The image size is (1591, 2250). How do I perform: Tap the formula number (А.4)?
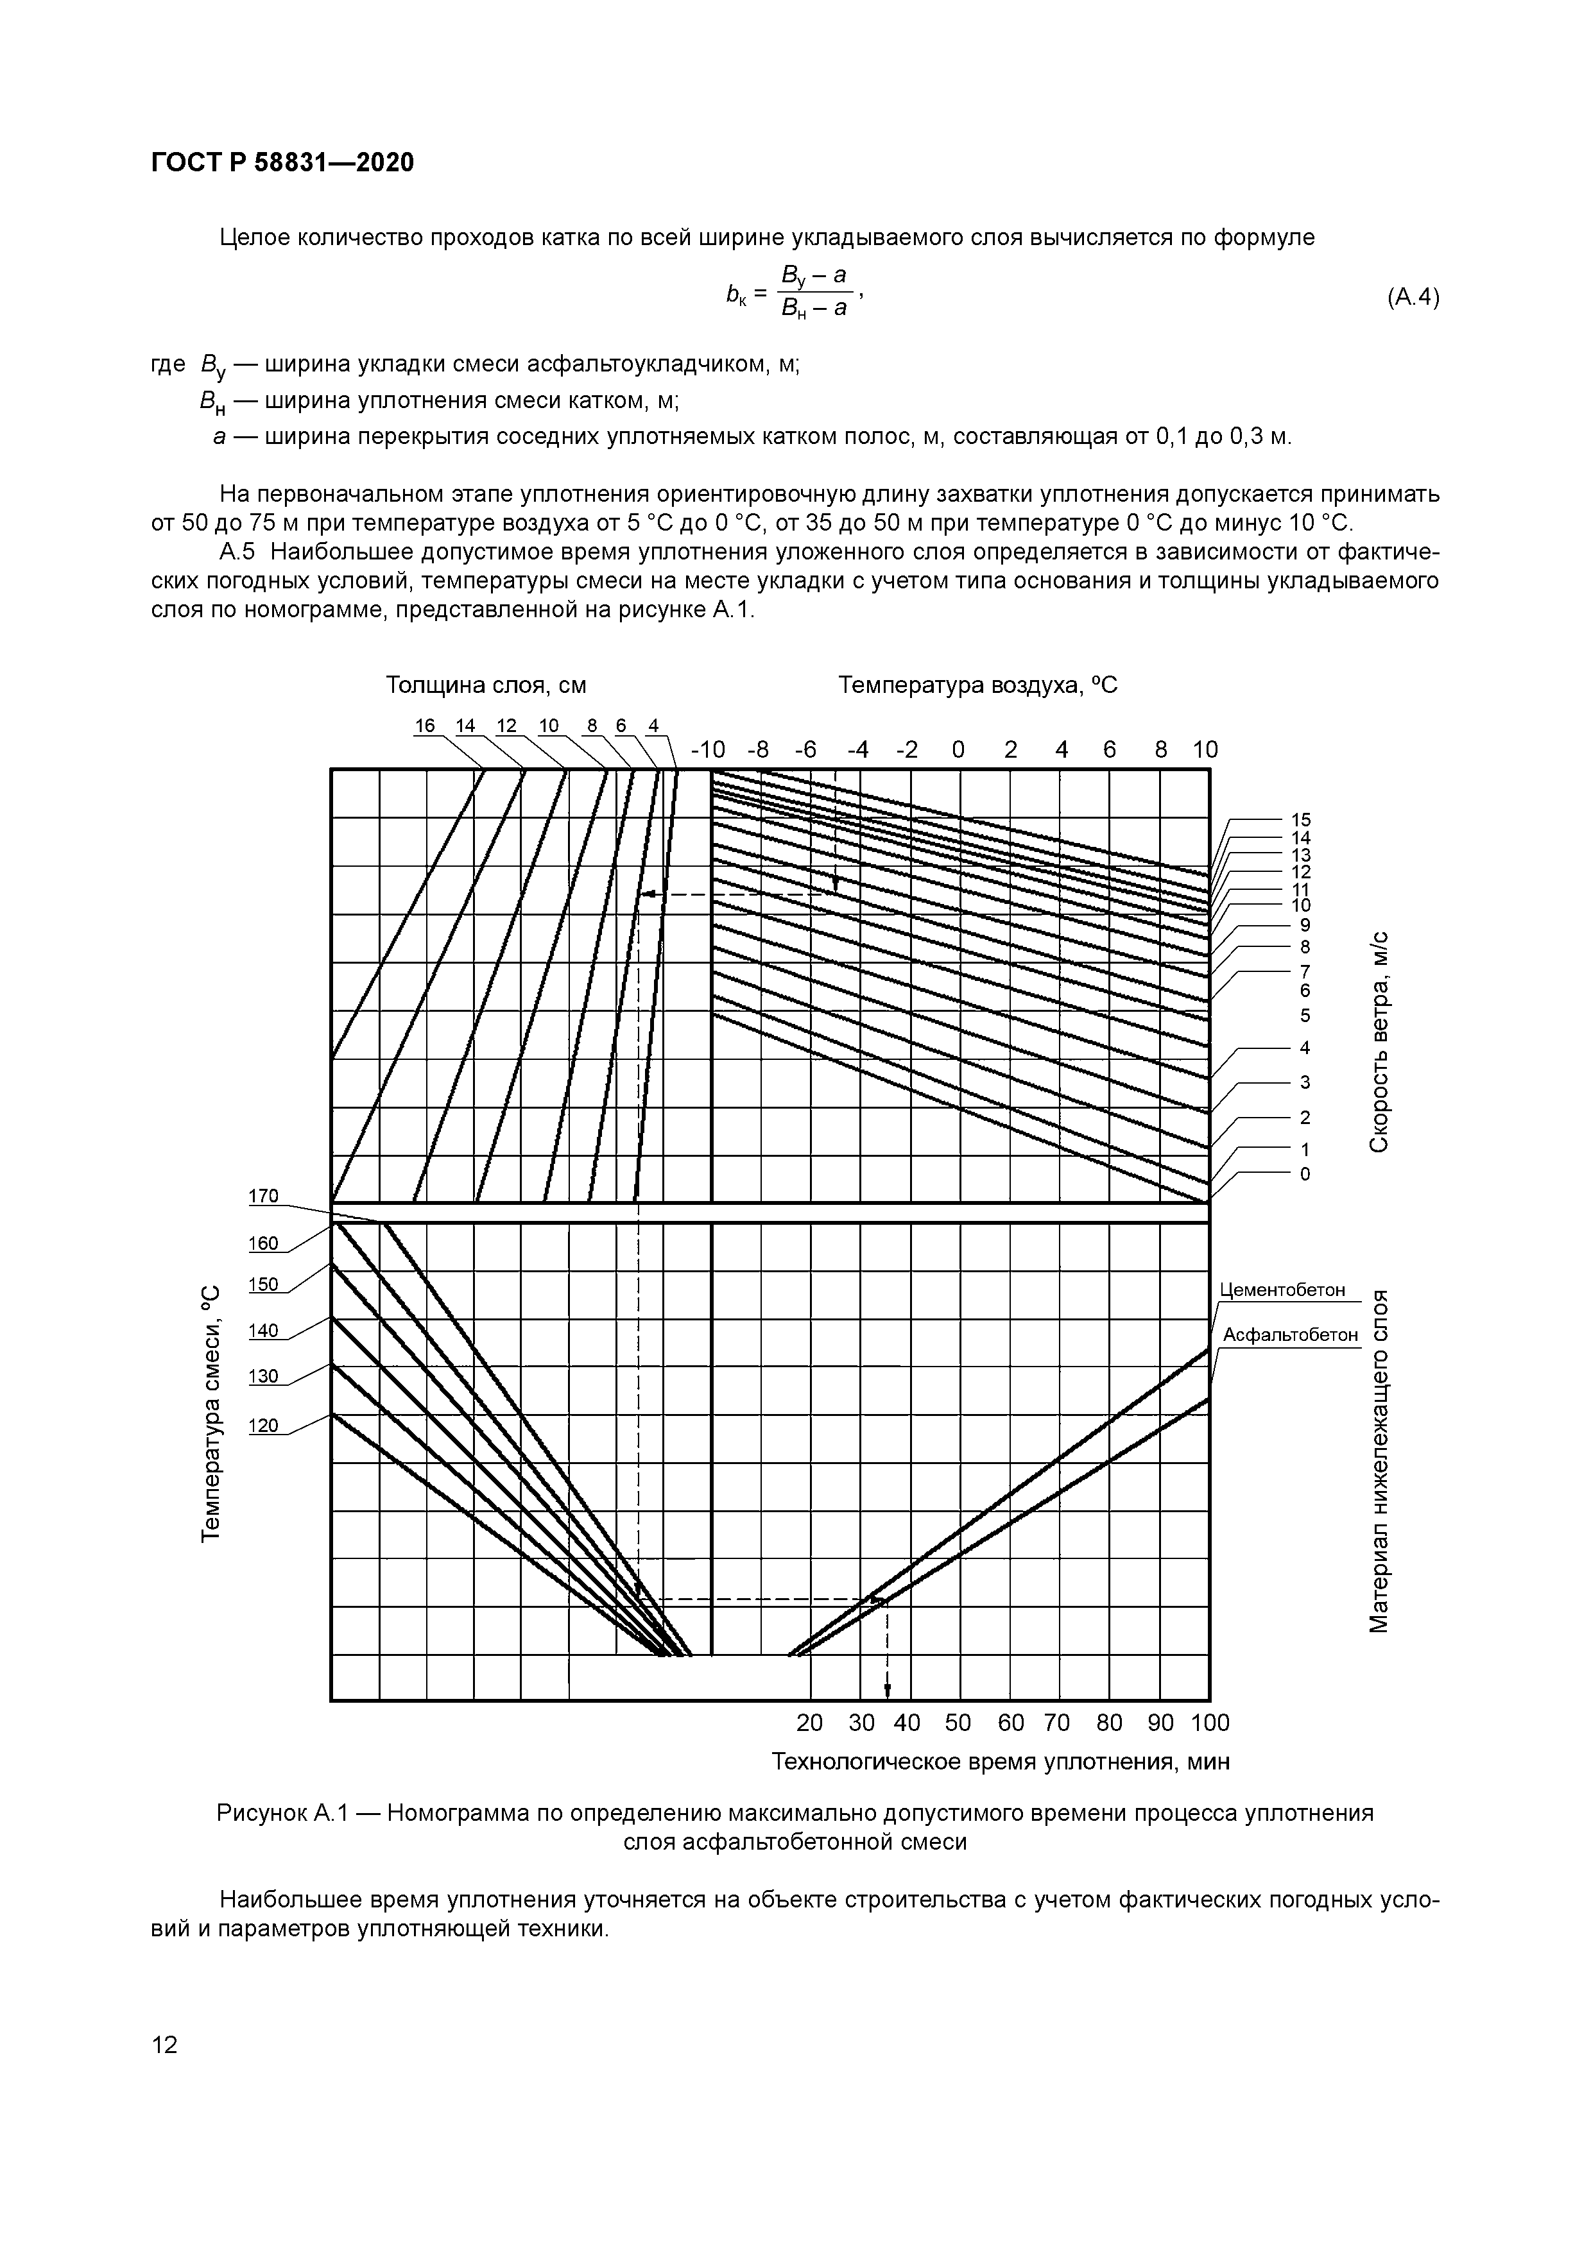coord(1413,298)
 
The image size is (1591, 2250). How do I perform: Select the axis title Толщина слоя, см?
coord(485,685)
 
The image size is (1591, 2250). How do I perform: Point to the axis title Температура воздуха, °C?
coord(977,685)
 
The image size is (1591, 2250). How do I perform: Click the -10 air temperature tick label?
coord(708,749)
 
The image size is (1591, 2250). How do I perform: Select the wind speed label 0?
coord(1303,1174)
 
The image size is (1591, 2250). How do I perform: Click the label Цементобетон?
coord(1282,1290)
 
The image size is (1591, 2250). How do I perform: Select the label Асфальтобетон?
coord(1290,1334)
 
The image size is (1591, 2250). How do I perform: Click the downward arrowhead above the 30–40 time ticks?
coord(887,1689)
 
